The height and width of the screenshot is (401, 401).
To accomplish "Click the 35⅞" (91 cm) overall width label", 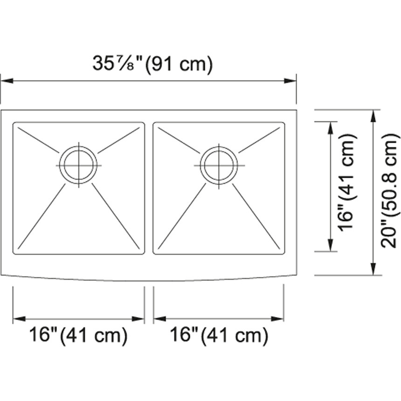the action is click(x=152, y=64).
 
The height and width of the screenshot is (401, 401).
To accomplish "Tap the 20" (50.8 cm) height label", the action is click(x=390, y=191).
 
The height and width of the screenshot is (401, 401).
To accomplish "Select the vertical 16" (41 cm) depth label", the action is click(x=347, y=183).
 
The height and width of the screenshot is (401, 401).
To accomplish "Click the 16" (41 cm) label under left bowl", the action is click(x=78, y=335).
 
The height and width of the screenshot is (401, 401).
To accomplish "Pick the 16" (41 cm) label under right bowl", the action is click(x=219, y=335).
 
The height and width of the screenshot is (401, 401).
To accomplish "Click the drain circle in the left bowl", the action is click(x=78, y=165).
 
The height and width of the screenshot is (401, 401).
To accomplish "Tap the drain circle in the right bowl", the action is click(x=219, y=166).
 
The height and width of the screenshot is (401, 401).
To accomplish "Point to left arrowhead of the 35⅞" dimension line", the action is click(x=7, y=81).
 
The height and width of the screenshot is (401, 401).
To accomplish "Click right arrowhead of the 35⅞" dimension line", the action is click(x=290, y=81).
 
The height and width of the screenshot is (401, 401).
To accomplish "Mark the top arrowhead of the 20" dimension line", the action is click(x=373, y=116).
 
